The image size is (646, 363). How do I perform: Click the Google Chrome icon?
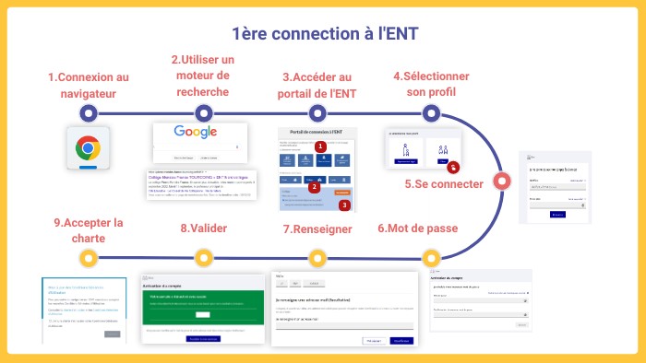tap(89, 147)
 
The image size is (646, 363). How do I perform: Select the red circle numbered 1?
tap(320, 146)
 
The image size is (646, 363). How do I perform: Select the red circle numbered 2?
tap(314, 186)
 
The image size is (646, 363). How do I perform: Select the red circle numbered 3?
tap(344, 205)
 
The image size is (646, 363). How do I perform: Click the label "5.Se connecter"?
tap(444, 184)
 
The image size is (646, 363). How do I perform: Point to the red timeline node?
tap(501, 181)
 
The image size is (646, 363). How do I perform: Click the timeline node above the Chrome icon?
tap(89, 113)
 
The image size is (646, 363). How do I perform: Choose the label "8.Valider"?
tap(203, 228)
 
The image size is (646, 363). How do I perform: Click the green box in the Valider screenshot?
tap(202, 310)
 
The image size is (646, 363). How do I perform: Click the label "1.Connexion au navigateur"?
tap(89, 85)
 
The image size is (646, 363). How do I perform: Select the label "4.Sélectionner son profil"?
tap(431, 85)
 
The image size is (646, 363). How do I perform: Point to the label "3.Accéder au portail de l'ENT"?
tap(317, 85)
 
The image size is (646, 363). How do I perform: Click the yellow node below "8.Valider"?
tap(203, 257)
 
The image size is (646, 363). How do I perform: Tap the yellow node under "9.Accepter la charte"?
tap(89, 257)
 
